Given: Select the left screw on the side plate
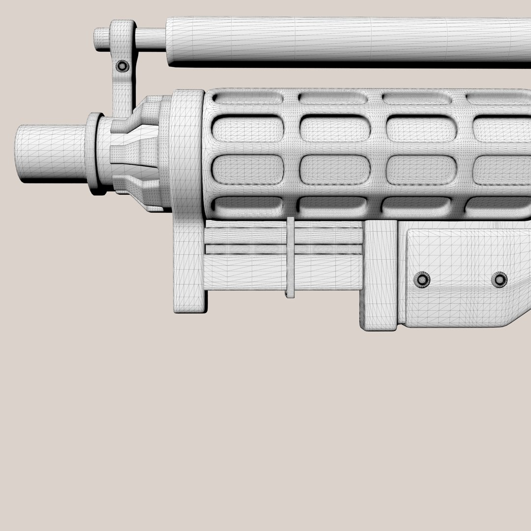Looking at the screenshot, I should [x=421, y=279].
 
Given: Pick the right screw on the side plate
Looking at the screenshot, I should [x=499, y=279].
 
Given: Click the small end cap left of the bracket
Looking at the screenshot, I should [x=101, y=39].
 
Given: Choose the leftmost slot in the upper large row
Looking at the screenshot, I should [x=247, y=129].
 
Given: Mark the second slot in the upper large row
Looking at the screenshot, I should [x=335, y=129].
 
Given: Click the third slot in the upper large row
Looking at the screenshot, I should [x=422, y=129].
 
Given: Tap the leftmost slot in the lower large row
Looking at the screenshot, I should [x=247, y=170].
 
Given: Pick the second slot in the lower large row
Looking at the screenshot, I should [x=335, y=170].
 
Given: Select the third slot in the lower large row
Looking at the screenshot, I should [x=422, y=170].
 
